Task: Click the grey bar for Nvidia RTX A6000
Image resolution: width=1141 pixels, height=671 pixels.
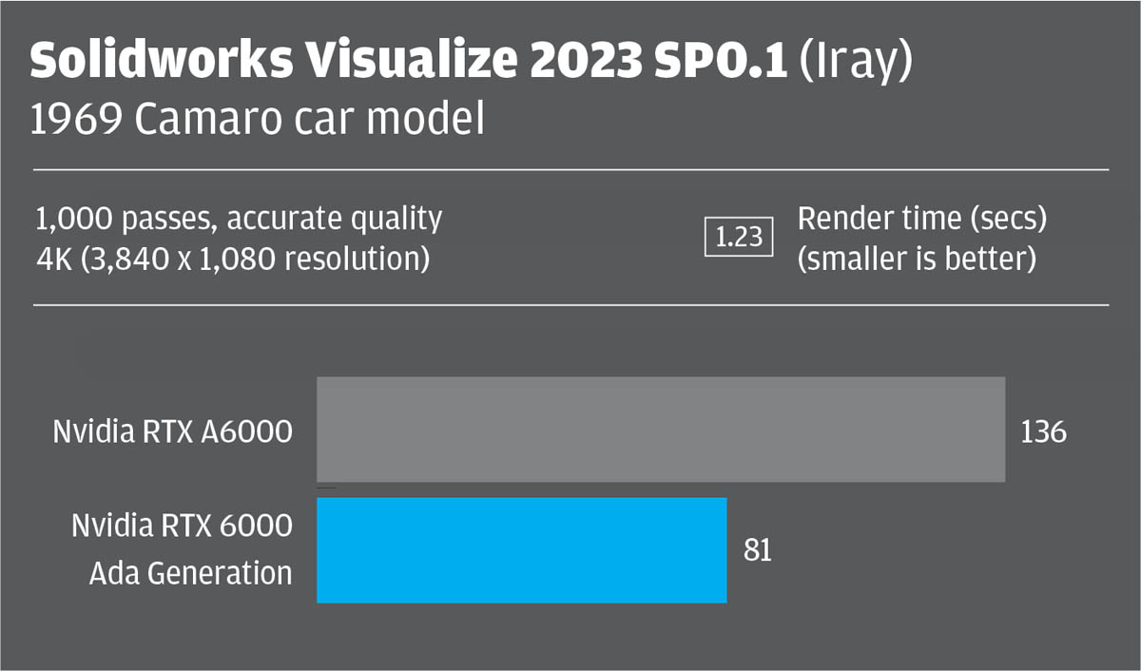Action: [661, 430]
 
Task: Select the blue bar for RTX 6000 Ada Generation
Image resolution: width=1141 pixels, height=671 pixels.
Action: [522, 550]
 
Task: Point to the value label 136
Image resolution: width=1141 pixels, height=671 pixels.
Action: [1044, 431]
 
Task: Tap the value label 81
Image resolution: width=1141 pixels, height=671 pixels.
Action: [758, 551]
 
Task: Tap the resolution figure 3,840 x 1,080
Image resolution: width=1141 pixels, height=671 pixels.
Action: [185, 259]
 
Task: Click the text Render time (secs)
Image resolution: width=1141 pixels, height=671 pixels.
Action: [920, 220]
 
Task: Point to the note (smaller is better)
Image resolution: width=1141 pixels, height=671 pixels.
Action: [916, 259]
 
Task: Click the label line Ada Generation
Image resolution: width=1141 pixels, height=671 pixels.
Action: [191, 573]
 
